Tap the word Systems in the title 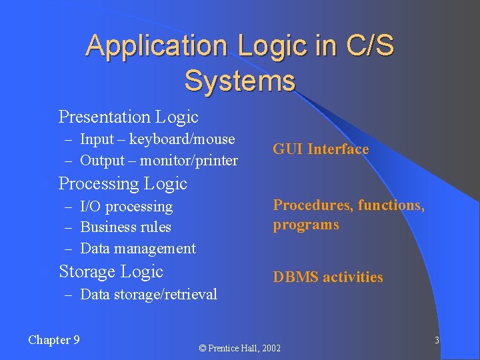click(239, 81)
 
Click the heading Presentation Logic click(129, 117)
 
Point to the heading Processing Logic click(123, 183)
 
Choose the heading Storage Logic click(111, 272)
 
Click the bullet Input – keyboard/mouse click(157, 139)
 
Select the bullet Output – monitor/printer click(159, 161)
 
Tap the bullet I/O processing click(126, 207)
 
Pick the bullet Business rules click(125, 227)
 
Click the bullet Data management click(137, 249)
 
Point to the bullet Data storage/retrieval click(148, 295)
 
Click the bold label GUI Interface click(321, 149)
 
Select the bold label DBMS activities click(328, 277)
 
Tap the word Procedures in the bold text click(312, 205)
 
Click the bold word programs click(306, 225)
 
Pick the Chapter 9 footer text click(54, 340)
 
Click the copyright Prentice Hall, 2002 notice click(240, 348)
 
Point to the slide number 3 click(437, 341)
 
